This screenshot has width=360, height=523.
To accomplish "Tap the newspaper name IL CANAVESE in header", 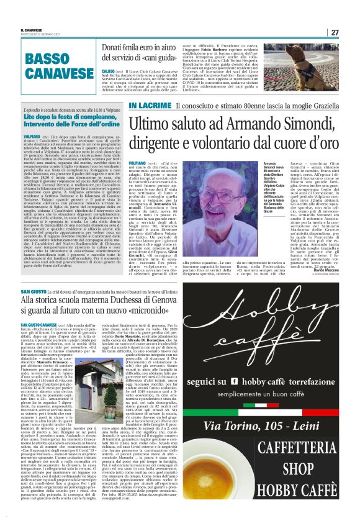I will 32,29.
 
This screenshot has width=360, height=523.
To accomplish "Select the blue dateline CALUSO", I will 109,71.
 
